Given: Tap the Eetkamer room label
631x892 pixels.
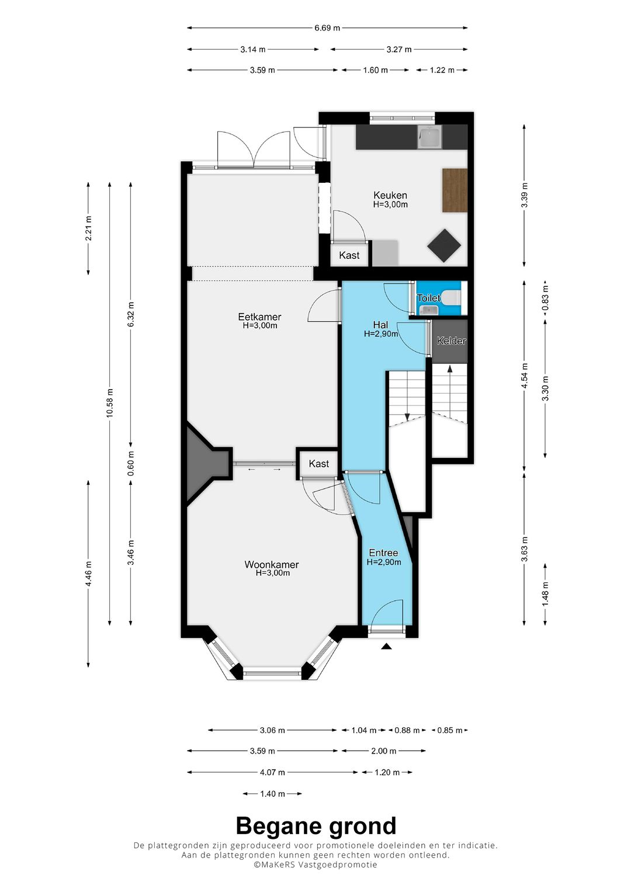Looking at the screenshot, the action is (259, 317).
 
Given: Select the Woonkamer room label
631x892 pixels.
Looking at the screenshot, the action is (271, 564).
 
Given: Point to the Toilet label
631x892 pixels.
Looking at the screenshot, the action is (429, 298).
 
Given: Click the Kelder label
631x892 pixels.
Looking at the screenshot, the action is (451, 341).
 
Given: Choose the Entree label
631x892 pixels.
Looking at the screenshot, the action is (383, 553).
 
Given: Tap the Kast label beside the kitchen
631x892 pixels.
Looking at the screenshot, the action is (349, 255).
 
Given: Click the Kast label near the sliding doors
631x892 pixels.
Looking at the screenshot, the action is (318, 463).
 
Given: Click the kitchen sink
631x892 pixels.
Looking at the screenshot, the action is (429, 137).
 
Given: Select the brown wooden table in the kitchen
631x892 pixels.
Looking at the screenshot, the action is (455, 190).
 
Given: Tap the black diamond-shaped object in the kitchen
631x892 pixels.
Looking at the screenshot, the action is (444, 245).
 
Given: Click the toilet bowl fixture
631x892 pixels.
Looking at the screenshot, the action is (454, 297).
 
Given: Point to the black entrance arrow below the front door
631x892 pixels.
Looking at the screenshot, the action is (386, 647).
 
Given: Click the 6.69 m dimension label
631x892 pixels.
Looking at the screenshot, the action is (327, 28).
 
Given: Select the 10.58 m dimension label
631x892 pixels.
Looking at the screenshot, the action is (110, 402).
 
